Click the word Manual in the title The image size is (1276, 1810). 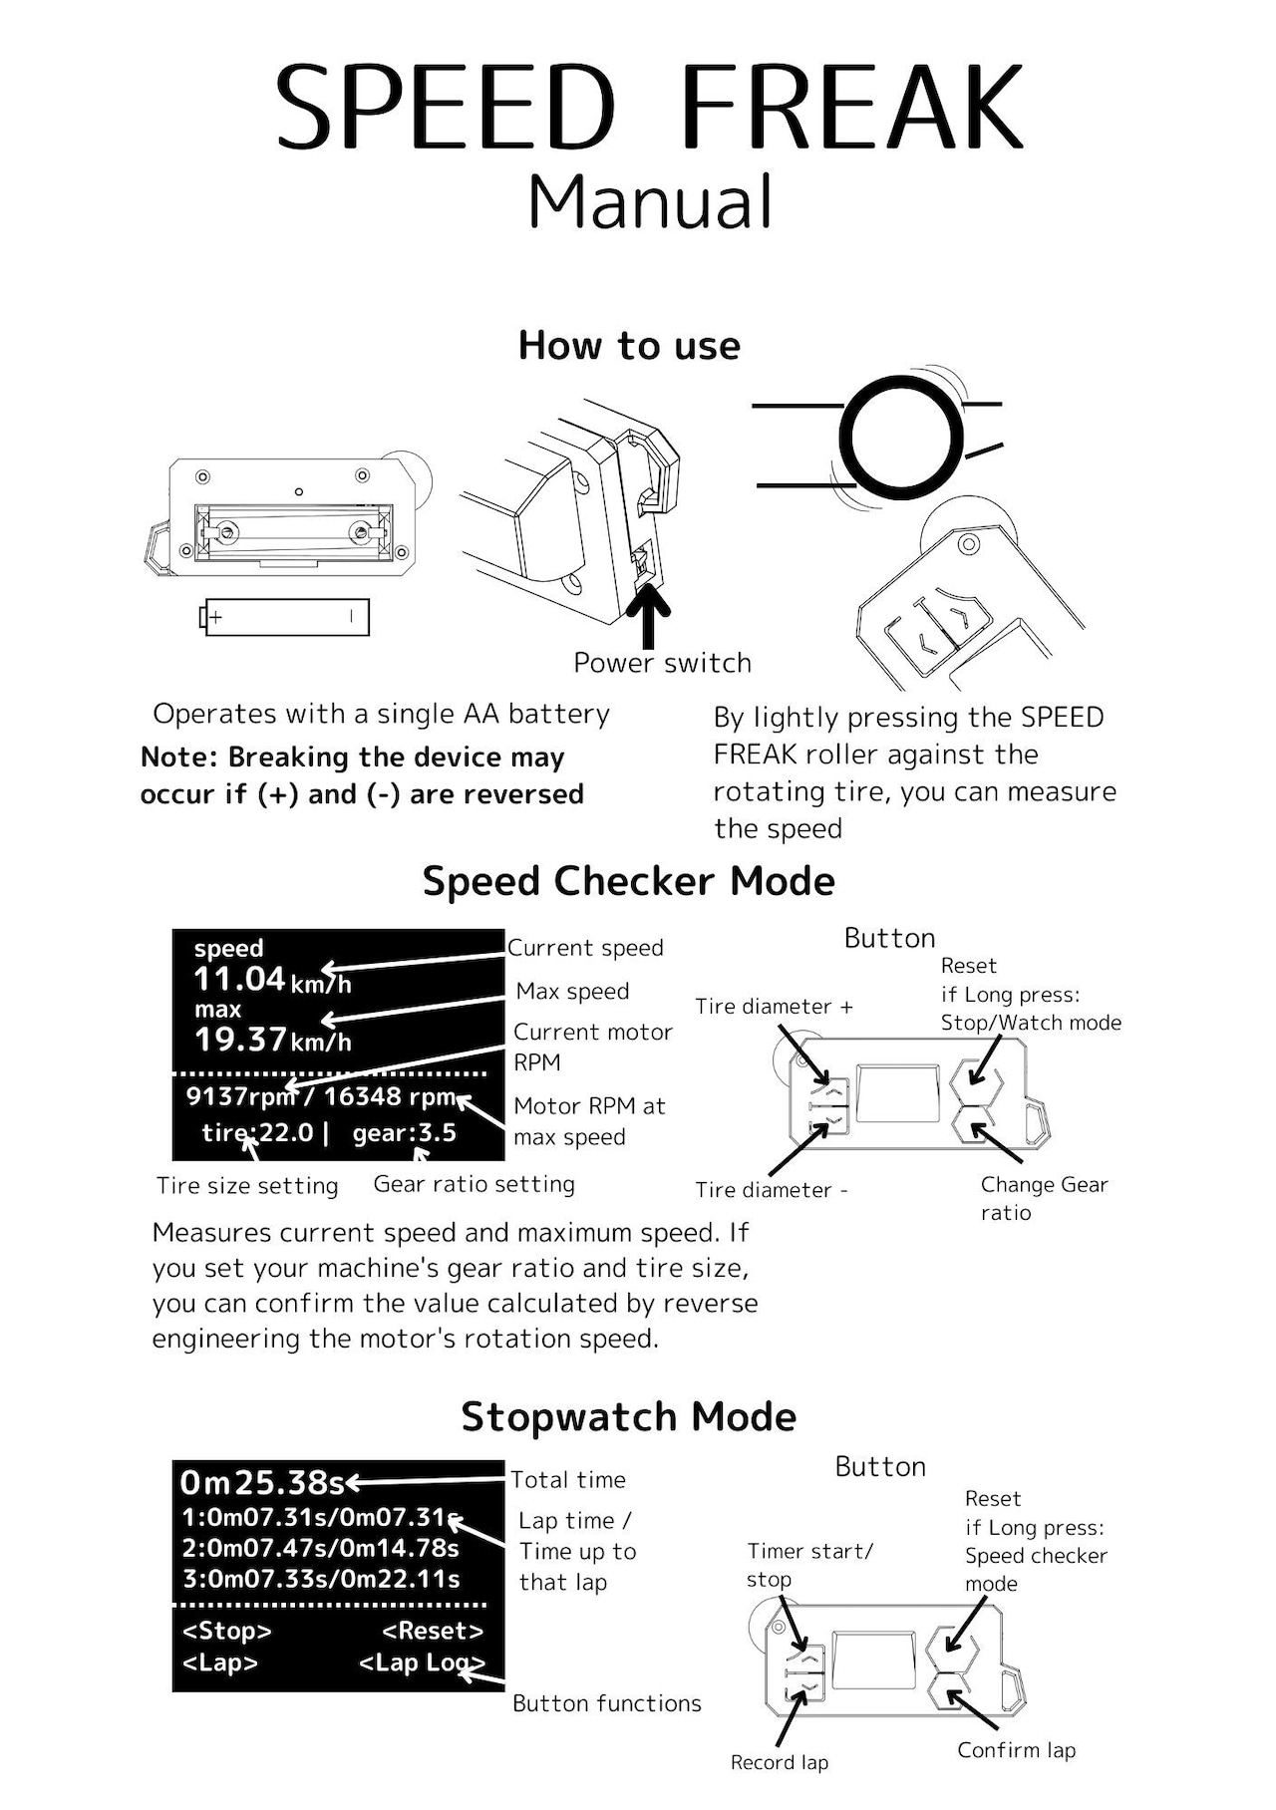point(649,201)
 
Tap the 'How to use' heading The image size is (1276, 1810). point(629,346)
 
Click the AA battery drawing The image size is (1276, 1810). point(285,617)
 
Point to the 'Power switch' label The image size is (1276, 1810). point(662,663)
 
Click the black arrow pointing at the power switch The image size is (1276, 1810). point(652,616)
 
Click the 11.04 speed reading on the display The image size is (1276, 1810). point(239,979)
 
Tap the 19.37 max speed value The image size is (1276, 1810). point(240,1040)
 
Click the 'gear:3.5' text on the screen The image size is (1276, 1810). point(404,1133)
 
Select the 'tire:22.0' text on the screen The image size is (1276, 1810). point(257,1133)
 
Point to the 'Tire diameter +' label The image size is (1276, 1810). point(774,1007)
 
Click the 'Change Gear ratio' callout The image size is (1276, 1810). point(1043,1198)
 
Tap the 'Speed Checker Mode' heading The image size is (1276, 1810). point(628,881)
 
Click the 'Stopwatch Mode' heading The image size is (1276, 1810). point(628,1416)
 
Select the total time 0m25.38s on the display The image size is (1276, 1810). point(261,1483)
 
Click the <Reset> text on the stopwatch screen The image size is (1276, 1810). point(433,1632)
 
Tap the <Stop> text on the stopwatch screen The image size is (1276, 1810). point(226,1632)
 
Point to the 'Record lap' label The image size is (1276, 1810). point(779,1762)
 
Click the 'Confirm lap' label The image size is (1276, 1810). point(1016,1750)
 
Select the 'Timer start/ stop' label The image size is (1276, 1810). point(808,1565)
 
